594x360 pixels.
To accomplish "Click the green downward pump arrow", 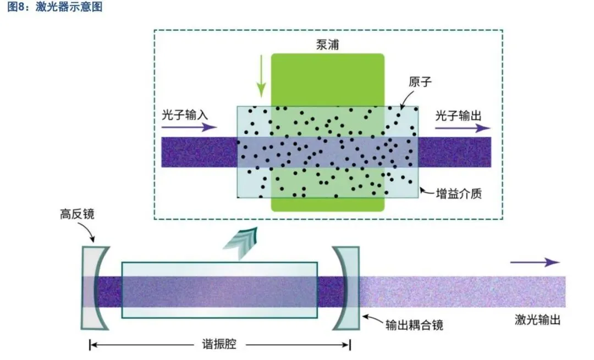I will pyautogui.click(x=261, y=82).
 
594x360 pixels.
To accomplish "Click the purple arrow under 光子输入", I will pyautogui.click(x=187, y=128).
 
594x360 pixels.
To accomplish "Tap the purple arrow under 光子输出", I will pyautogui.click(x=463, y=128).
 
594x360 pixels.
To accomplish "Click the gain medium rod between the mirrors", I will pyautogui.click(x=220, y=290).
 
